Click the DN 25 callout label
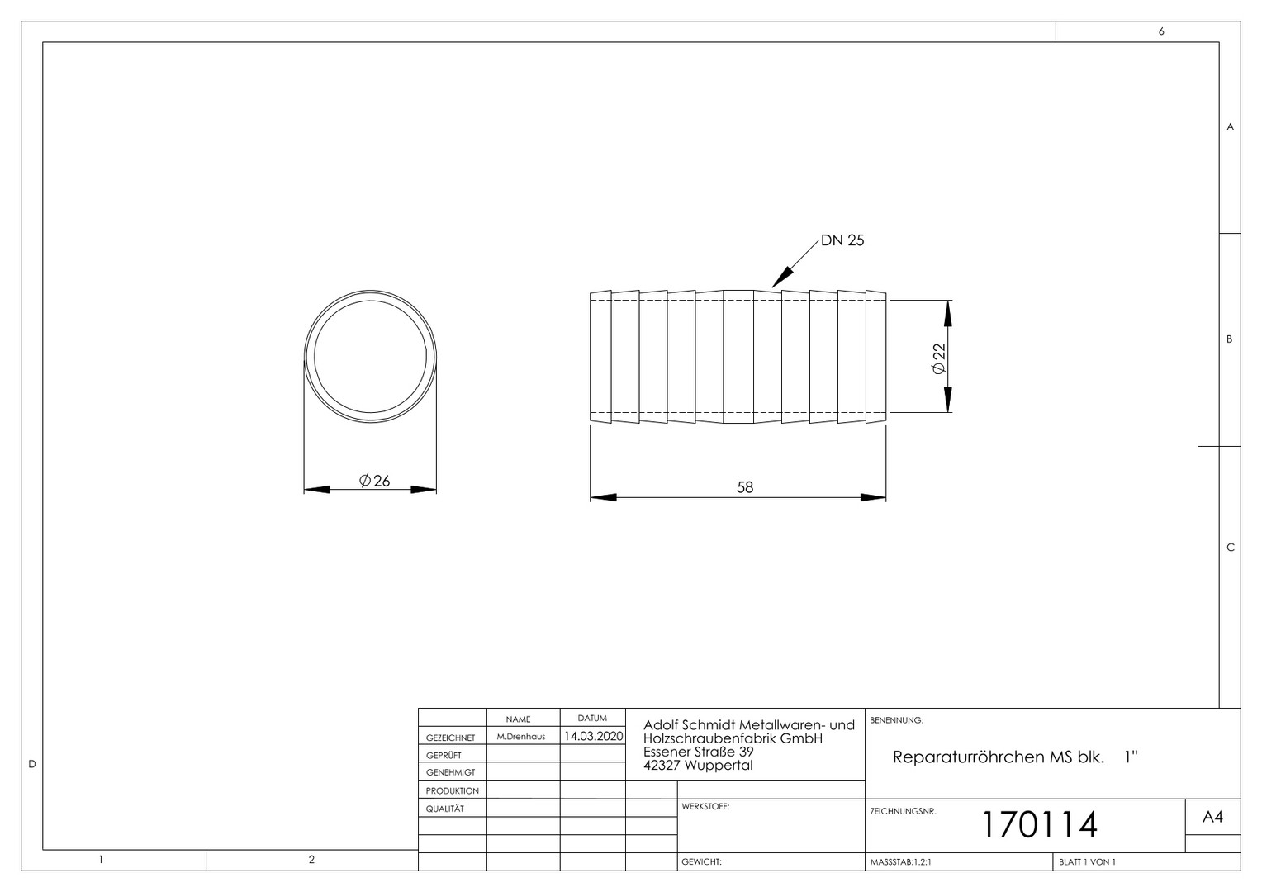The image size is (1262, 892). tap(842, 240)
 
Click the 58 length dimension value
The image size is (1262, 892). tap(745, 487)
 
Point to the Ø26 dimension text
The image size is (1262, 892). tap(375, 481)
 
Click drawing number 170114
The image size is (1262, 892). tap(1040, 824)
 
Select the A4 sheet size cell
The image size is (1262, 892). tap(1212, 817)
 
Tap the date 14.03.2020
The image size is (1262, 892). tap(593, 736)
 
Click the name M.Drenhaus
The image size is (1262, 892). tap(521, 737)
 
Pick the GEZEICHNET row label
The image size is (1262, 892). tap(450, 738)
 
